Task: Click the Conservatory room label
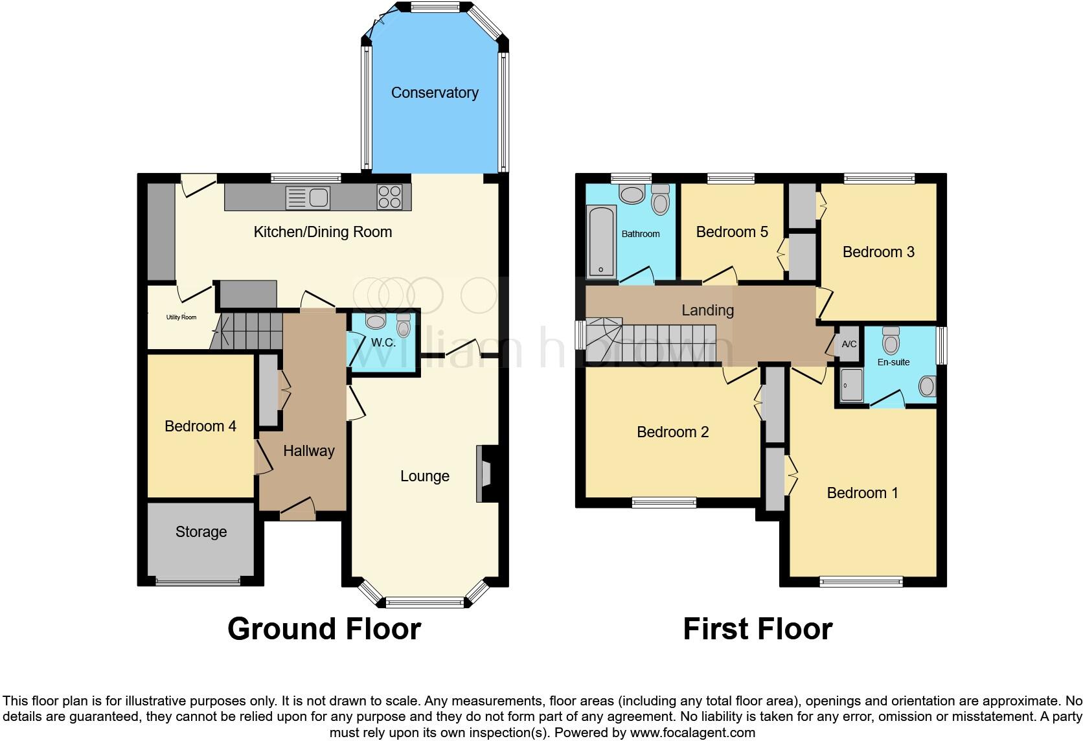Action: tap(435, 93)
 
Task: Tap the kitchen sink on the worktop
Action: tap(308, 198)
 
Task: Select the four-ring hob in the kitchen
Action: tap(389, 197)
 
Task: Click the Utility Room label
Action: tap(181, 317)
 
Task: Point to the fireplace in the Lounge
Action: tap(484, 473)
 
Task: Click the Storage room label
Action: tap(201, 532)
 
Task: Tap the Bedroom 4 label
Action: tap(200, 426)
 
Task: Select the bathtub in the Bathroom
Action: tap(601, 242)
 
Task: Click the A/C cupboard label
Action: tap(849, 344)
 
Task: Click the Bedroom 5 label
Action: tap(732, 232)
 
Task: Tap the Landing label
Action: tap(707, 310)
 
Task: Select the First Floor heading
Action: tap(757, 629)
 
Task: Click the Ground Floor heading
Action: tap(324, 629)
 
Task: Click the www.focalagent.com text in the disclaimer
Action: tap(692, 733)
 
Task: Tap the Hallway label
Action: tap(308, 451)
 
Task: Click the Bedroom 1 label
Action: tap(862, 493)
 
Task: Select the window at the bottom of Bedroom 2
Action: tap(664, 500)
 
